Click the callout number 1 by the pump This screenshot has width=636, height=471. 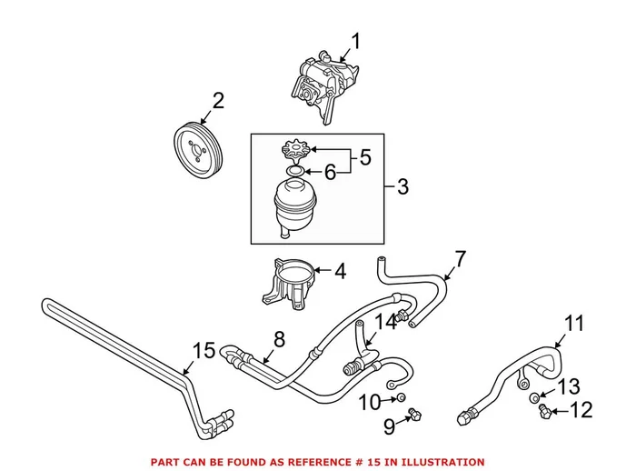pos(355,41)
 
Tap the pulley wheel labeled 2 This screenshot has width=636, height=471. pos(199,146)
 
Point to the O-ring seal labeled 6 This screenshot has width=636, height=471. pos(293,170)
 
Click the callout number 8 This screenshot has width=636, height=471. pos(279,339)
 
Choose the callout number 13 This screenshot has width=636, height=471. pos(568,386)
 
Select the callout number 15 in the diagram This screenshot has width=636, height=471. pos(205,351)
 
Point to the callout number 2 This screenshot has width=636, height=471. pos(218,100)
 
